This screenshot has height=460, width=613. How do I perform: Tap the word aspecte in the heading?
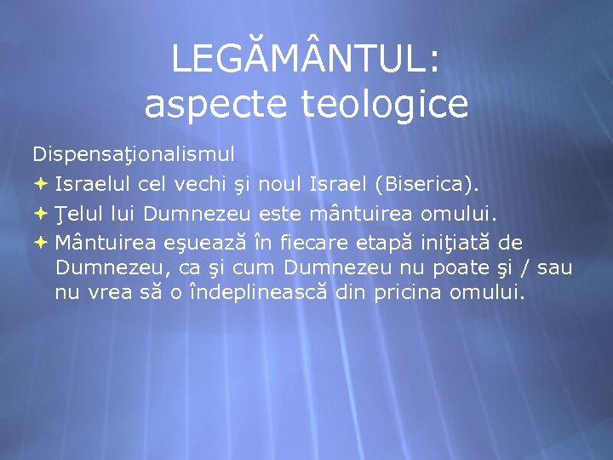[x=198, y=105]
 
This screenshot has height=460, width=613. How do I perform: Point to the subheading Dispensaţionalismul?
[x=134, y=154]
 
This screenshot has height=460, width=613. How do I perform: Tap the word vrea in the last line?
[x=107, y=293]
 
